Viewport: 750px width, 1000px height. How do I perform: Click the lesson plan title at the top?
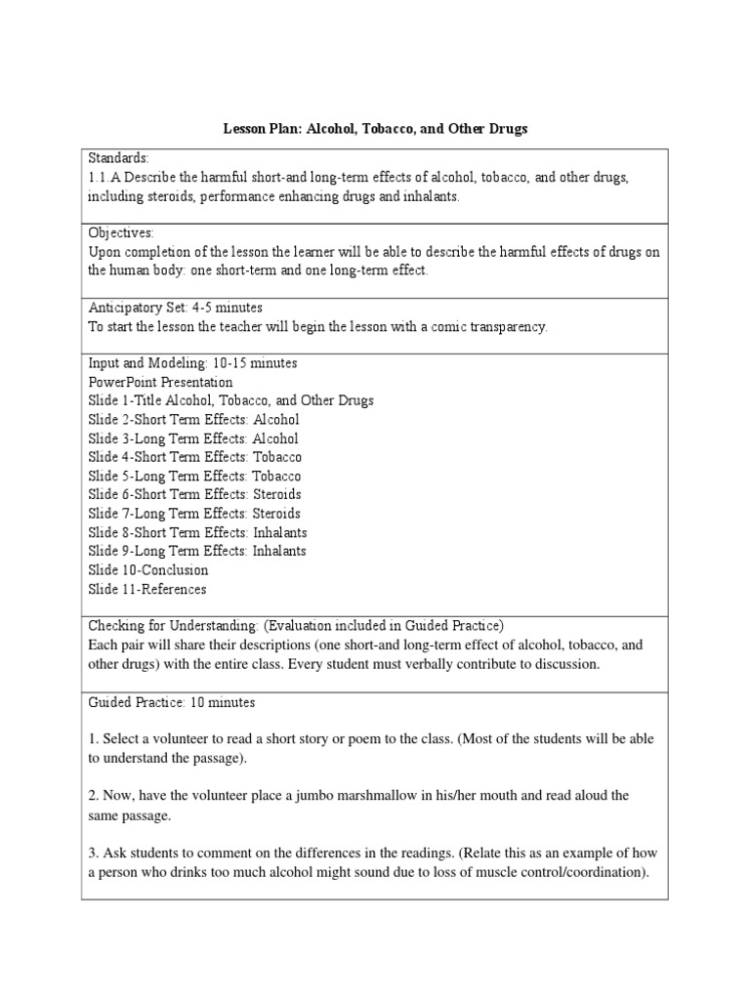point(376,129)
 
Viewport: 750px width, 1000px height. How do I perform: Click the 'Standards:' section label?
point(119,158)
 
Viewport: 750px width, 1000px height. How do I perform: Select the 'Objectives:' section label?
point(122,233)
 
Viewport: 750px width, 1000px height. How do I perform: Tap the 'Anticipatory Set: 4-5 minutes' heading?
point(176,308)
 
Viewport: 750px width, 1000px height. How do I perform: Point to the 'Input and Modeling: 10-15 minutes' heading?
point(193,363)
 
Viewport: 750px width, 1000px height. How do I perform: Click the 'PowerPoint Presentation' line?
point(161,382)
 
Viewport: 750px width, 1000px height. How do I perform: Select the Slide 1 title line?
point(231,400)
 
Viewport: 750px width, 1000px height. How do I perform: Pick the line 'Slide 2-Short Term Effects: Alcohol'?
point(194,420)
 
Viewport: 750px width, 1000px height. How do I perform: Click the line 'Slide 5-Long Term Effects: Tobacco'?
point(194,476)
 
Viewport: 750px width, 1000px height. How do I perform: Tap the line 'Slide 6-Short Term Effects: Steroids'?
point(194,494)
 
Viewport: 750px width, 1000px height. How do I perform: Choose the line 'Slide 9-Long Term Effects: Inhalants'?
point(197,551)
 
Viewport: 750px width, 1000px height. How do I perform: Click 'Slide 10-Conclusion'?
point(148,569)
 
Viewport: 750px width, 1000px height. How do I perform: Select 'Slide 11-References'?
point(147,589)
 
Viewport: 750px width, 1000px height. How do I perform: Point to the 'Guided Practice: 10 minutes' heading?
point(171,702)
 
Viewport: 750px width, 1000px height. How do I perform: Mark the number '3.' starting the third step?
point(94,853)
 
